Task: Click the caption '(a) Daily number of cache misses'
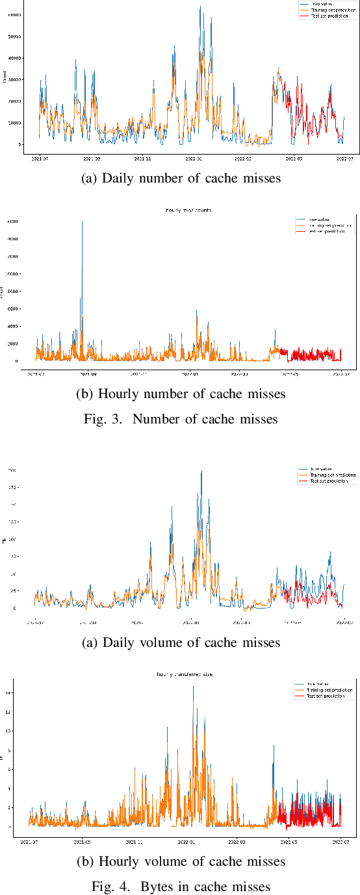coord(180,179)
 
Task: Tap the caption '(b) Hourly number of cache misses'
coord(180,394)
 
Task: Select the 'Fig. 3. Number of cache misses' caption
coord(180,419)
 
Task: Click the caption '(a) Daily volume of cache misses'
coord(180,642)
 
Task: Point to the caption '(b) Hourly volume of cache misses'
coord(180,862)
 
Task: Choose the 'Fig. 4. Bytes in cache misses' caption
coord(180,887)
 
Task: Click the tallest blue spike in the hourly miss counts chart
coord(82,223)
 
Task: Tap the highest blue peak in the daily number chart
coord(199,7)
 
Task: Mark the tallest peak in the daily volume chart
coord(201,471)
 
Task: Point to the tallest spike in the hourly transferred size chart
coord(193,686)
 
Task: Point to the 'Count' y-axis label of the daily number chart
coord(5,79)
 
